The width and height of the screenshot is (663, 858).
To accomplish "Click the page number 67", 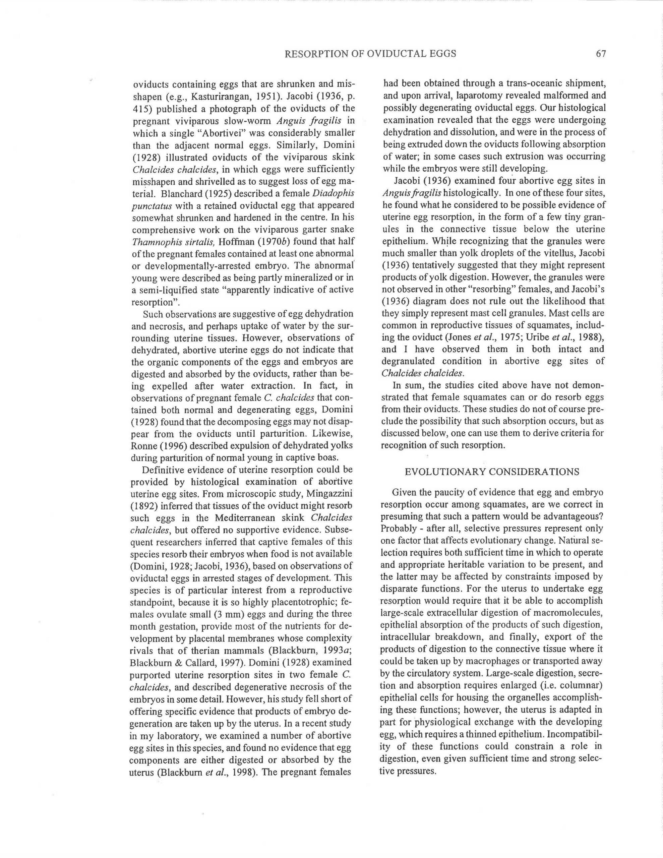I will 601,54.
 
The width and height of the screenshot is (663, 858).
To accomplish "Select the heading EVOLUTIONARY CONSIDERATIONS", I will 492,472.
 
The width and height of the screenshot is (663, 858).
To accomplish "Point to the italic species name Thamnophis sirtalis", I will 171,242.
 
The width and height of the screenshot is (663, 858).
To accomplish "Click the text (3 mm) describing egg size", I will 219,614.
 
